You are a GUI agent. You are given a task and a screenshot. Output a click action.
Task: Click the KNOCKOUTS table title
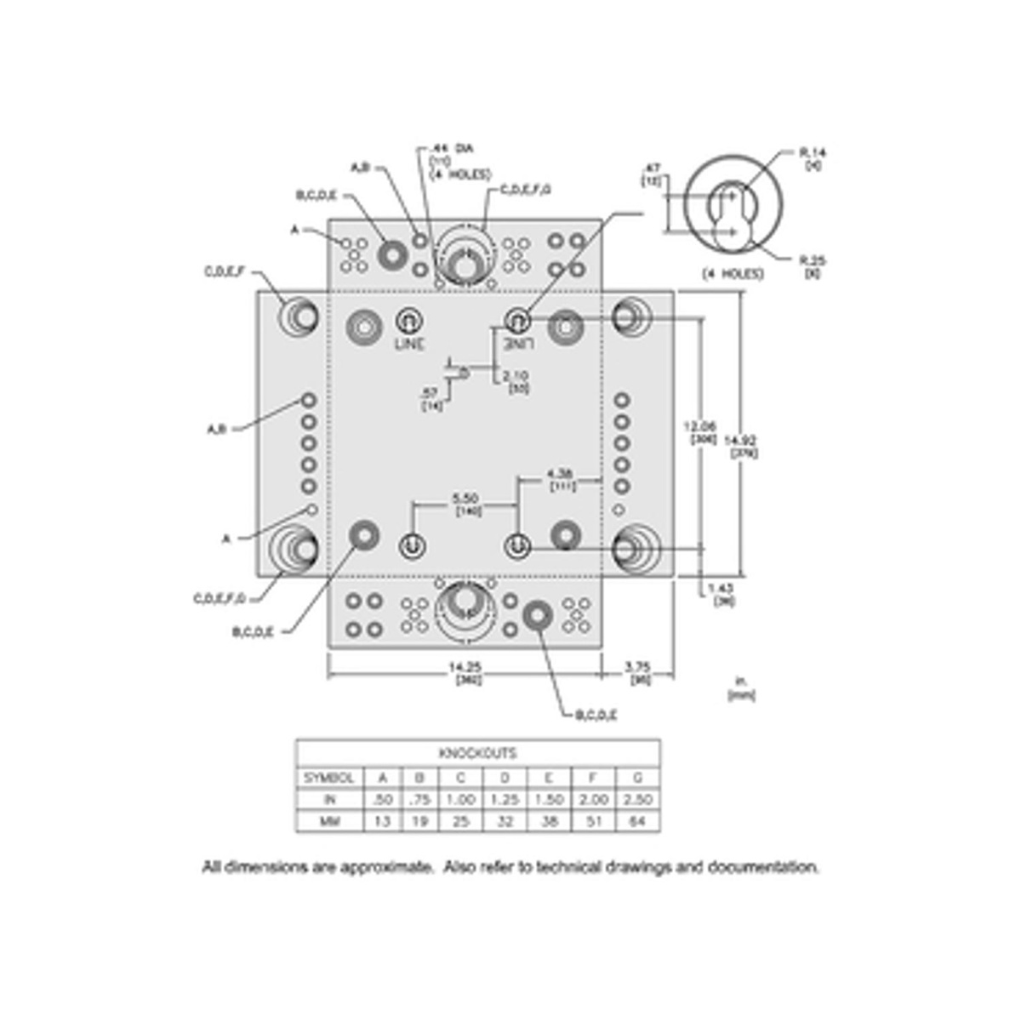point(477,754)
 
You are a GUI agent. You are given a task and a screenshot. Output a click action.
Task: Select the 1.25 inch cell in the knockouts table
point(505,800)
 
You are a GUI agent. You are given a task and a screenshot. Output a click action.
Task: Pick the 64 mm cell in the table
point(637,823)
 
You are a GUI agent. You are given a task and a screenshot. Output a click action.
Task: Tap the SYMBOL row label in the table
point(329,778)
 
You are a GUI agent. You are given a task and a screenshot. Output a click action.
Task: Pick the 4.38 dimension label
point(562,473)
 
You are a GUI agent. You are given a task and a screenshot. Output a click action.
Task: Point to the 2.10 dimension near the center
point(516,375)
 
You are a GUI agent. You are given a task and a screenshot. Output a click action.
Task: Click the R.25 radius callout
point(813,261)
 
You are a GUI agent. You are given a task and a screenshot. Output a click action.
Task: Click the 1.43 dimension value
point(722,589)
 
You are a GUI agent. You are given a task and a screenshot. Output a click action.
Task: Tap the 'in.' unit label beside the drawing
point(740,682)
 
